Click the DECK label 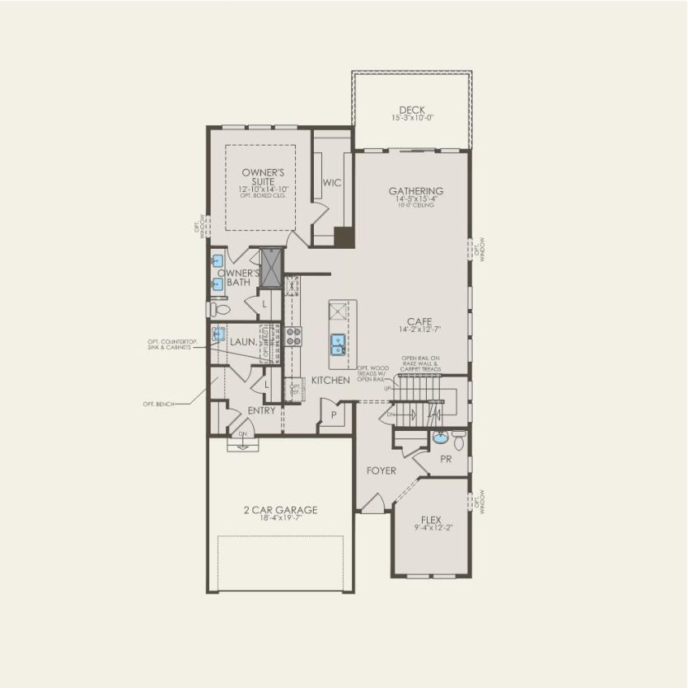point(412,110)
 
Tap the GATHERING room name point(416,191)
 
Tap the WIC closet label point(332,182)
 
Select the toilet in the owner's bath point(218,310)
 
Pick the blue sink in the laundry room point(219,334)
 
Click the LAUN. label point(242,341)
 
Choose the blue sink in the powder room point(440,438)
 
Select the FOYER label point(381,470)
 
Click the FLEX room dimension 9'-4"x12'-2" point(431,528)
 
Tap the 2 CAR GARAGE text point(280,510)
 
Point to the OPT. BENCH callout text point(159,404)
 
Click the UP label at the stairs point(387,388)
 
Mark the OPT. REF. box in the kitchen point(294,388)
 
